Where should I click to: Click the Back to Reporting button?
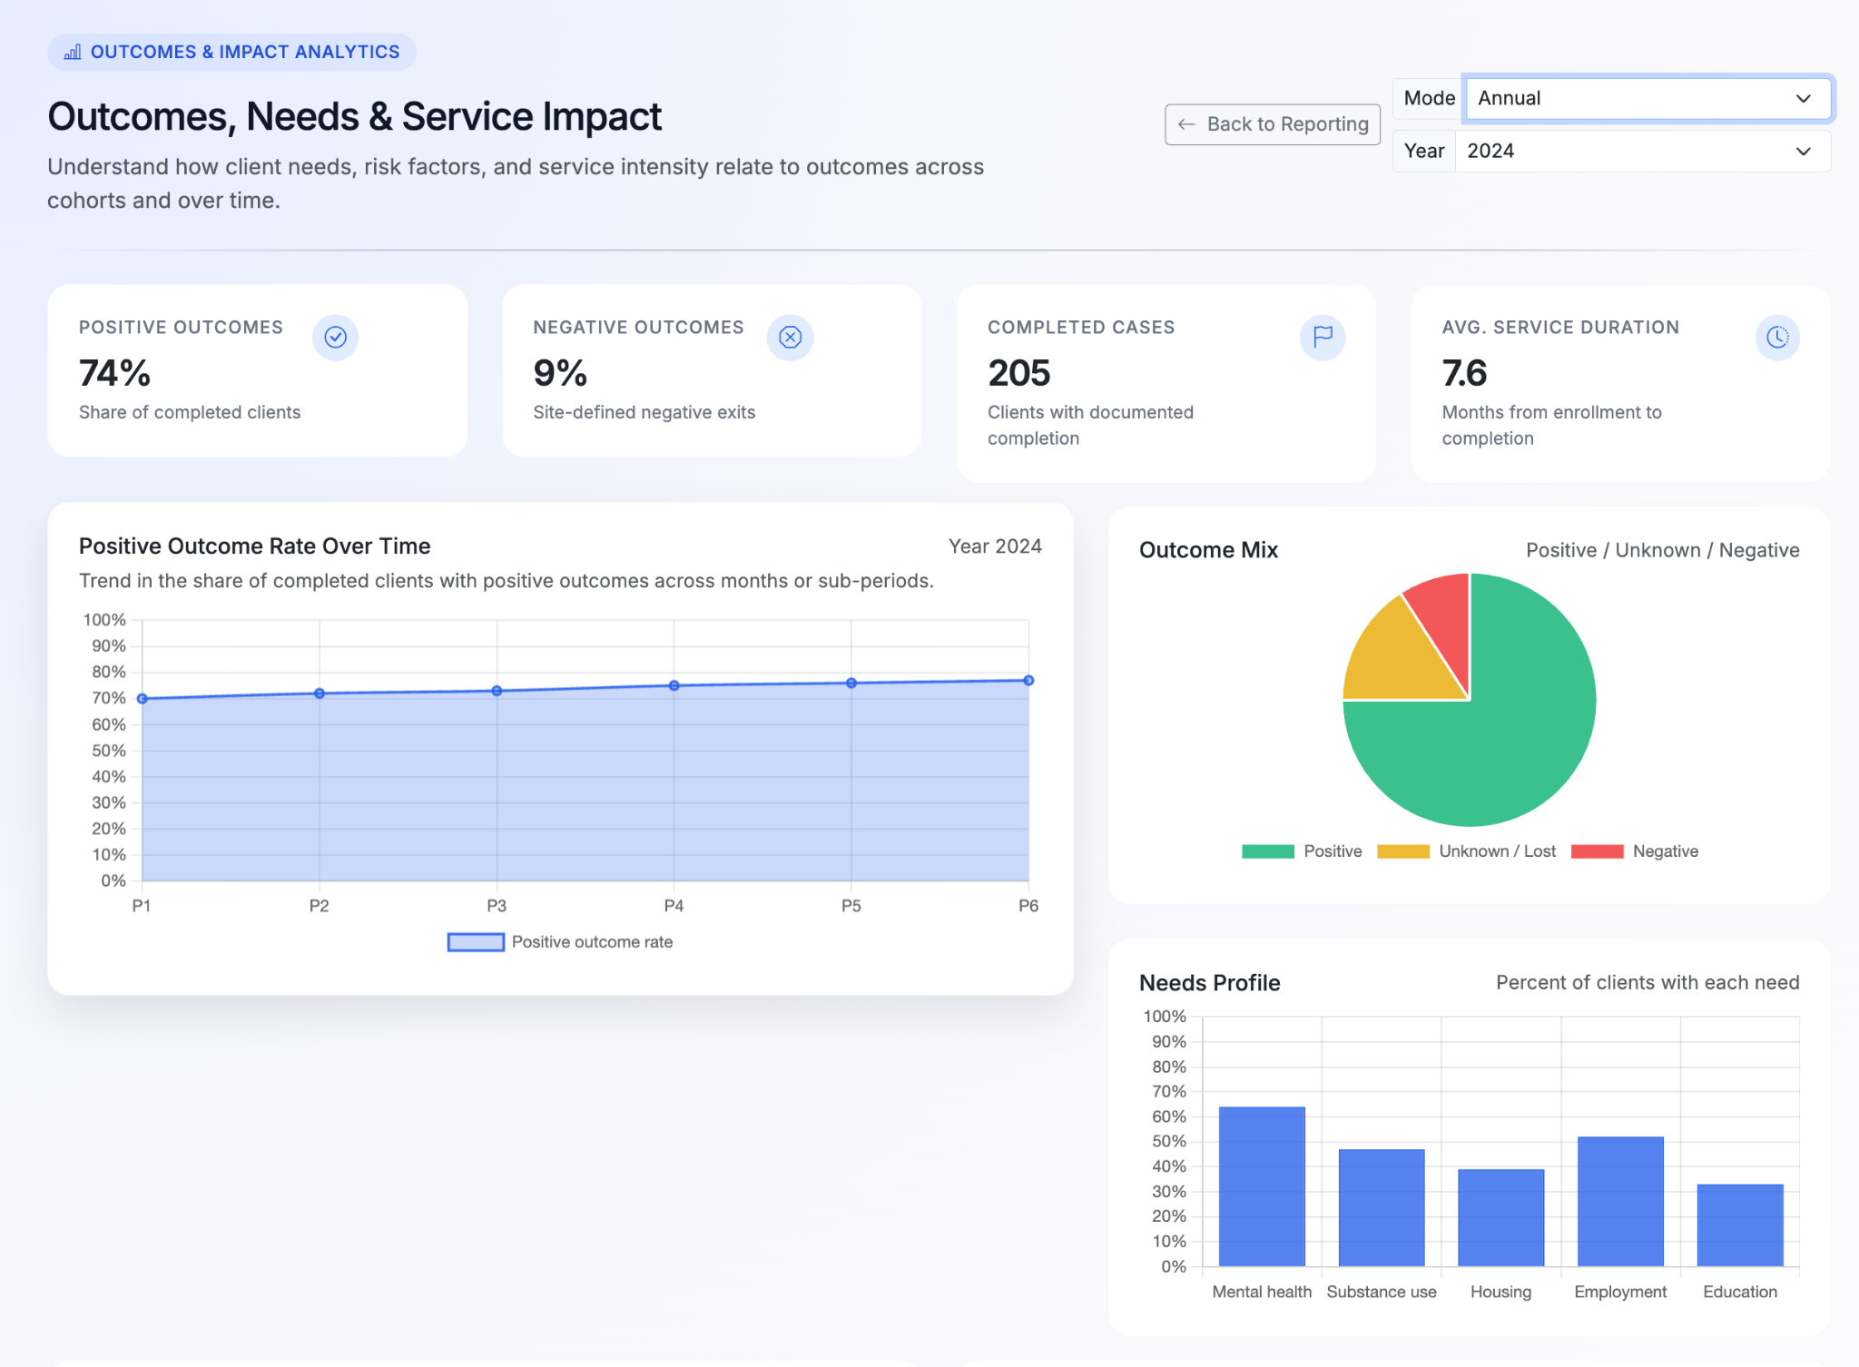[1272, 124]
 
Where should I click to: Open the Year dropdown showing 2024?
[1641, 151]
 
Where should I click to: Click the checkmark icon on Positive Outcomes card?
[336, 338]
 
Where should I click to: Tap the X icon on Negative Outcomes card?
[790, 338]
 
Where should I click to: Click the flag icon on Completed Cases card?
[1323, 338]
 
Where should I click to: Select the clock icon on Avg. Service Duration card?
[1776, 338]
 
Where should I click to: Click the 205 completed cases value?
[1018, 373]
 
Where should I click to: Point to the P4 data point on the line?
[674, 686]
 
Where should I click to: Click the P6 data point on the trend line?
[1028, 681]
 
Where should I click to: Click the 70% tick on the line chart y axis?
[108, 698]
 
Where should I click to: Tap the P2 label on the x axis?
[319, 906]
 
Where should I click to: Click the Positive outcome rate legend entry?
[560, 942]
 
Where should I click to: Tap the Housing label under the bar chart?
[1500, 1292]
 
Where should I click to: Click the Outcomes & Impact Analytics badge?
[231, 52]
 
